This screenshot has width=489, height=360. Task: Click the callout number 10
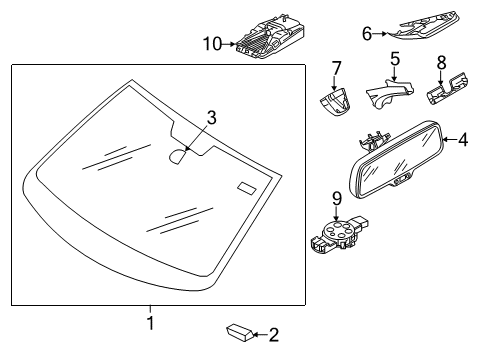tap(212, 44)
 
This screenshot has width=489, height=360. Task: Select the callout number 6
tap(367, 34)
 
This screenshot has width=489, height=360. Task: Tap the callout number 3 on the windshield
tap(211, 118)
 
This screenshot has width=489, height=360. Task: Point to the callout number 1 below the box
tap(151, 323)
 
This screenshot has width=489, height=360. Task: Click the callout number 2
tap(274, 335)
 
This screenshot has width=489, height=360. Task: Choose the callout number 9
tap(337, 199)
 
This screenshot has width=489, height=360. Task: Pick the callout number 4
tap(463, 139)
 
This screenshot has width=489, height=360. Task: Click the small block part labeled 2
tap(240, 332)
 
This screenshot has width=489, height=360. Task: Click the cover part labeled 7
tap(336, 102)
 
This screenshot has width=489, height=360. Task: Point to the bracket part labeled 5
tap(390, 93)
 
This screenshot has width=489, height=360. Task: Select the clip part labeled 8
tap(447, 88)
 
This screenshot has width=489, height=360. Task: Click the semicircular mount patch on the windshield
tap(178, 156)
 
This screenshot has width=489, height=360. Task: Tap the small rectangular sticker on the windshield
tap(247, 188)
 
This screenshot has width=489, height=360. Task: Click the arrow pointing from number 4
tap(450, 140)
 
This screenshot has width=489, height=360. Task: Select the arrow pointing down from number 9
tap(337, 213)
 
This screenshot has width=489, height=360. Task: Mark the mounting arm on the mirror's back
tap(373, 140)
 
